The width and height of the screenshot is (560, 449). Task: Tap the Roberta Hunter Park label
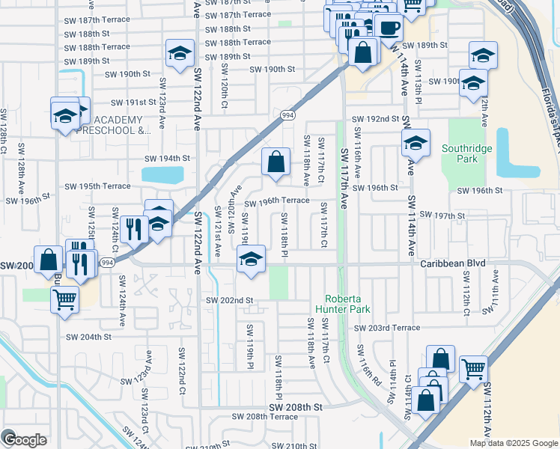349,303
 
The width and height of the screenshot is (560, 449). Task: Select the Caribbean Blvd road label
452,264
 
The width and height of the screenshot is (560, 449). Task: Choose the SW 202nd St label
230,300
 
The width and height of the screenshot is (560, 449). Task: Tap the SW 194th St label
168,159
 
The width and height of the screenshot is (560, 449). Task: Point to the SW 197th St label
442,216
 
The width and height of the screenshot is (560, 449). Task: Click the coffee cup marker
389,28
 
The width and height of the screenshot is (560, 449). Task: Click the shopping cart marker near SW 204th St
64,299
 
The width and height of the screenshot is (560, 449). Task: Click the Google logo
24,440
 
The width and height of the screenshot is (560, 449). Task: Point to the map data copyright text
514,443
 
